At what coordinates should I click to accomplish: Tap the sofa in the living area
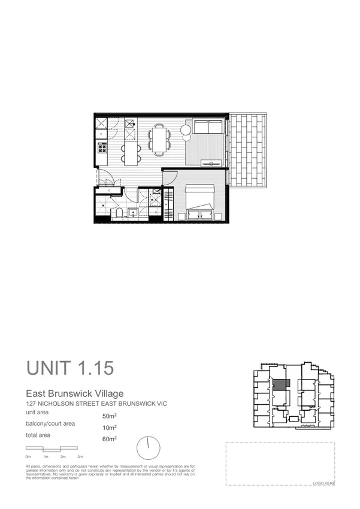207,128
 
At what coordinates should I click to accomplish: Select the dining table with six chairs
159,140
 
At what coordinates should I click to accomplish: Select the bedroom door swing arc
170,178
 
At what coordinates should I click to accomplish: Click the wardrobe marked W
167,204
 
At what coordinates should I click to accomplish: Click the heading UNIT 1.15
69,368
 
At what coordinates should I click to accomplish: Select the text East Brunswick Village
74,394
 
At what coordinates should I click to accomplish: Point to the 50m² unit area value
110,416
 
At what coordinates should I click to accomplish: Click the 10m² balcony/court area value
110,427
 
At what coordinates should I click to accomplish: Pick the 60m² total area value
110,439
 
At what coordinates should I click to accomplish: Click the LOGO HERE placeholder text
323,483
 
